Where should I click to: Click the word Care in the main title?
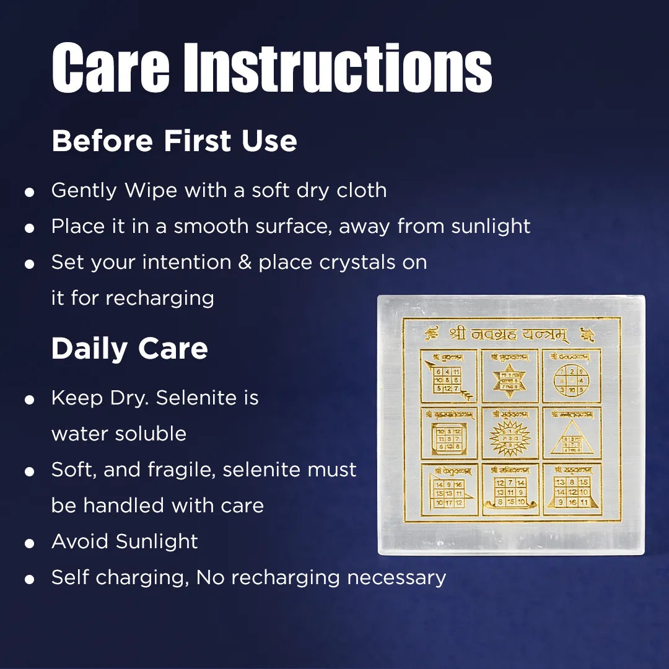(x=110, y=68)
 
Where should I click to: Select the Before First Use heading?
(x=174, y=141)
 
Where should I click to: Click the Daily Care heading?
(x=129, y=349)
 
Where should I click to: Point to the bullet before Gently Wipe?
(x=28, y=192)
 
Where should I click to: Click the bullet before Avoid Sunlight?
(x=28, y=544)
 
